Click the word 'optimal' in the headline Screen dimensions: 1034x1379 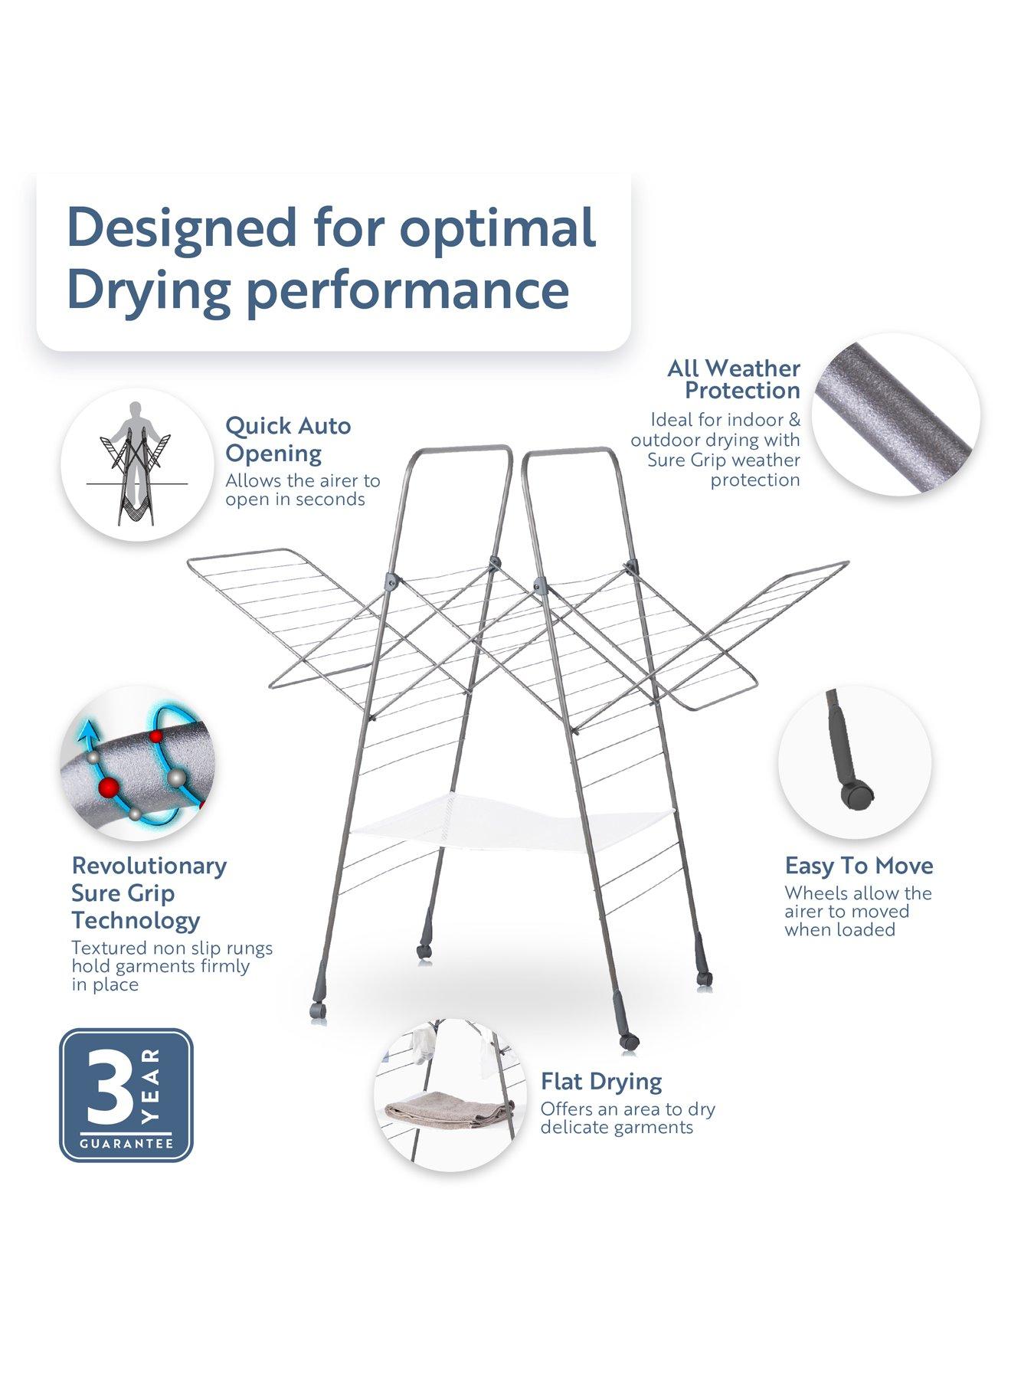[498, 228]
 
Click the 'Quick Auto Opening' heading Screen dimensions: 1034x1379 [288, 439]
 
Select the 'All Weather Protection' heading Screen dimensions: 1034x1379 [733, 379]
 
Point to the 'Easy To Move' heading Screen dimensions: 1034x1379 [859, 866]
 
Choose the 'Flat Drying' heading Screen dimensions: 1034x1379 [601, 1082]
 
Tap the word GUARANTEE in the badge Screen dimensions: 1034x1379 [126, 1144]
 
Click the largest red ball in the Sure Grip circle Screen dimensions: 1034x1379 [108, 787]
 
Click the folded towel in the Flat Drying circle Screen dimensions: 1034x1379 [448, 1112]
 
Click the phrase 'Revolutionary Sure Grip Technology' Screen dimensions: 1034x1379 [149, 893]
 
